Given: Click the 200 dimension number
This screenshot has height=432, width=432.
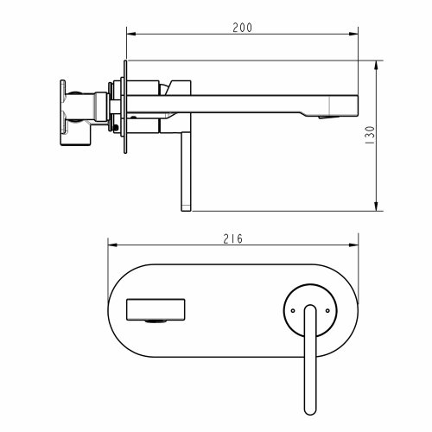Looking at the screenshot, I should [243, 28].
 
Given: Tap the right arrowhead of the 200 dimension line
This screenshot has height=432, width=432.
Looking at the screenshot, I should [354, 35].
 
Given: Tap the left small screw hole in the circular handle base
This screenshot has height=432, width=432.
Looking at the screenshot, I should [293, 305].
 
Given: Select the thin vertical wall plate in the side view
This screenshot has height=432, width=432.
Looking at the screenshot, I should [126, 108].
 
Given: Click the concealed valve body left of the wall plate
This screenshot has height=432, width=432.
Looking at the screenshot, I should [82, 107].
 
